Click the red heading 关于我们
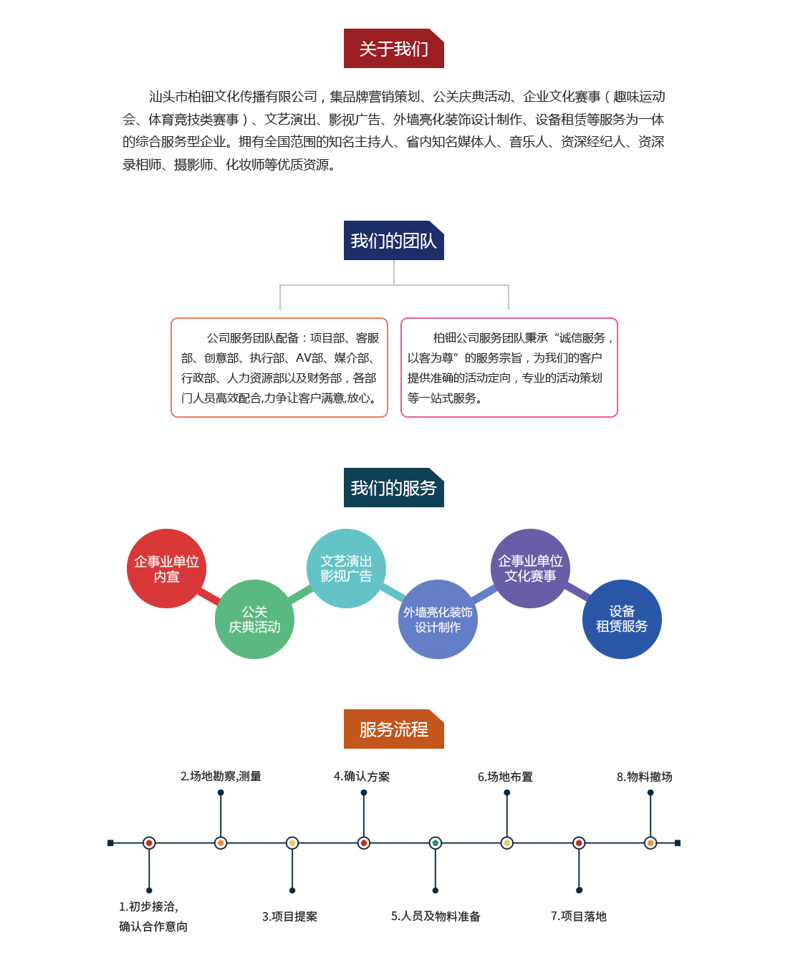tap(393, 49)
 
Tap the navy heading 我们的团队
tap(393, 241)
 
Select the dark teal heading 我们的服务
tap(393, 487)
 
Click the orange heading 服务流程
tap(393, 729)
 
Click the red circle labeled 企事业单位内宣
tap(166, 569)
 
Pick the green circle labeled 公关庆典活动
tap(254, 620)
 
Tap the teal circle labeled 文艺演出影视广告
tap(346, 569)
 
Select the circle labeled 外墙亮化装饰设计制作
tap(438, 620)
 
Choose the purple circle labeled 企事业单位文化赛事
tap(530, 569)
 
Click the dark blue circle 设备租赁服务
tap(622, 620)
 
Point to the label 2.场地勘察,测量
tap(221, 776)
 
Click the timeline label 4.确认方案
tap(362, 776)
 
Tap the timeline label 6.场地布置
tap(505, 777)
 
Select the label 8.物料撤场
tap(645, 777)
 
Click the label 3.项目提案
tap(289, 916)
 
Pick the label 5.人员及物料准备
tap(436, 916)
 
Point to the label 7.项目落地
tap(579, 916)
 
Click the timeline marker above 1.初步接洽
tap(149, 843)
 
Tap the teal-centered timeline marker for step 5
tap(436, 843)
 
